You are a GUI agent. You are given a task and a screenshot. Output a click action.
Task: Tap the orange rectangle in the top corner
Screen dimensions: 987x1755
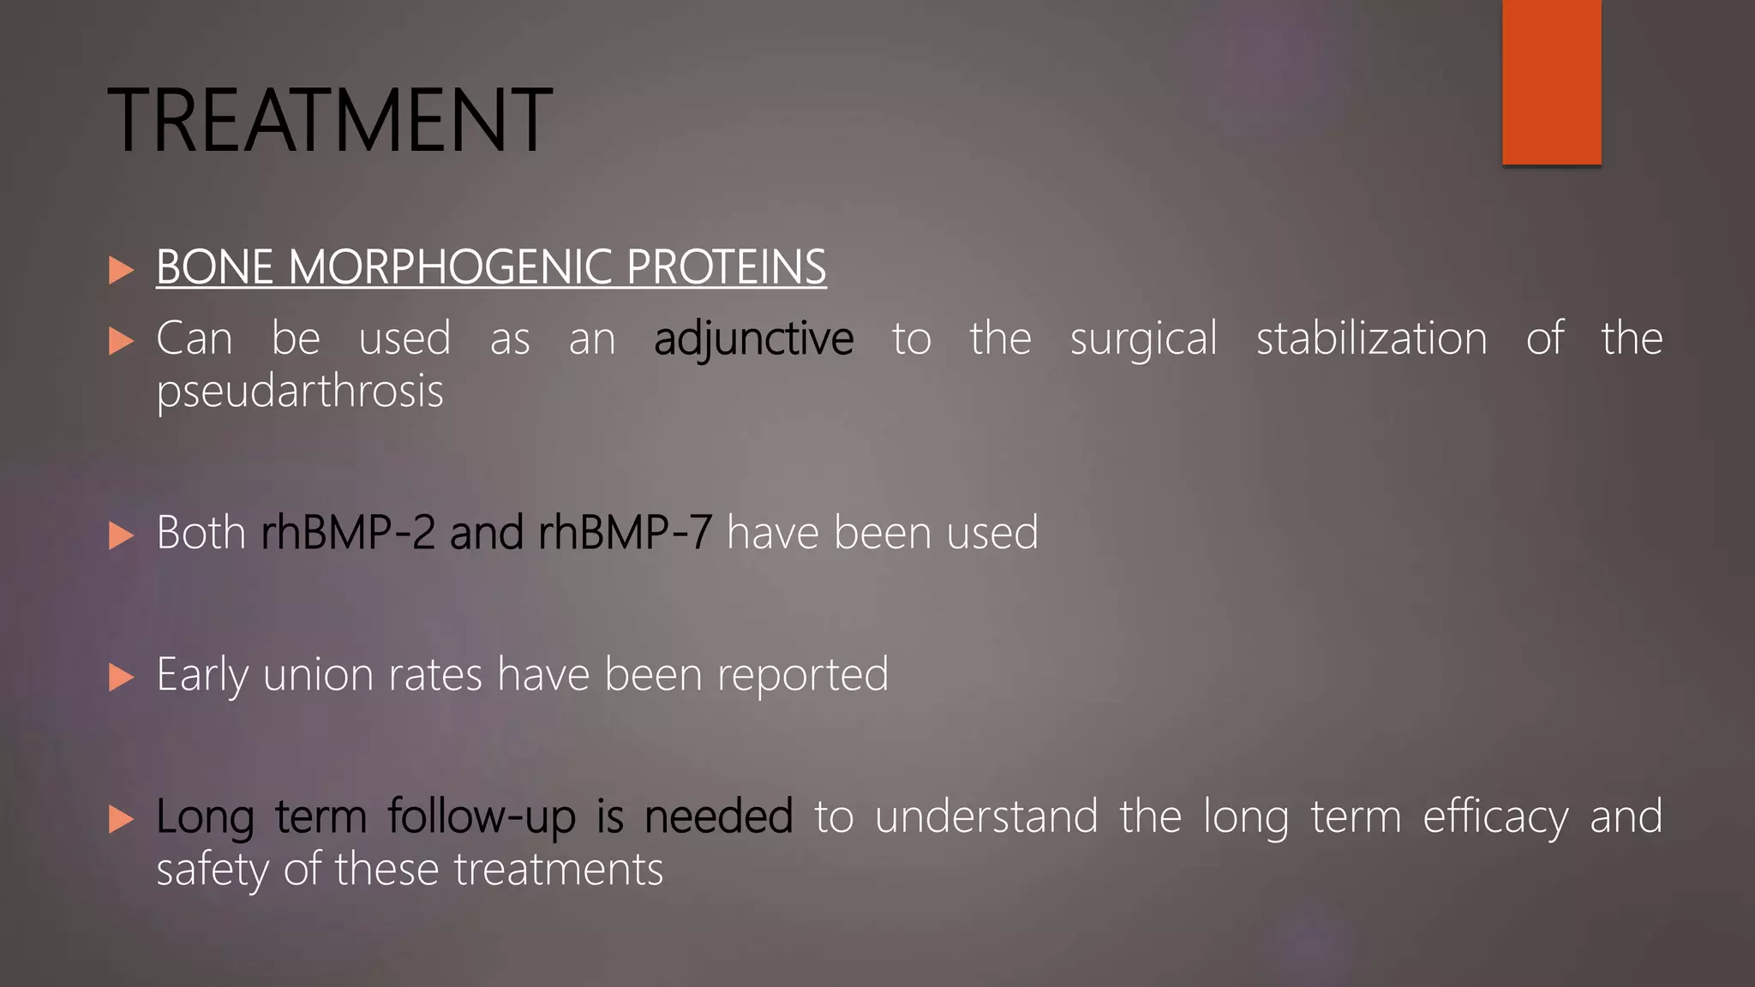tap(1551, 81)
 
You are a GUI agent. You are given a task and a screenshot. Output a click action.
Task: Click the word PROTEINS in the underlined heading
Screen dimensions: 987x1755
tap(726, 267)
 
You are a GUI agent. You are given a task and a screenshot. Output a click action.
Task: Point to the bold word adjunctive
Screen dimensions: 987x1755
tap(753, 339)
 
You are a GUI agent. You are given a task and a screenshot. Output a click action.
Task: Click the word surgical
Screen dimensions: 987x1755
tap(1143, 339)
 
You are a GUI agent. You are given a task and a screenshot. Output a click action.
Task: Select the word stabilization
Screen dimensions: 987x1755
tap(1371, 338)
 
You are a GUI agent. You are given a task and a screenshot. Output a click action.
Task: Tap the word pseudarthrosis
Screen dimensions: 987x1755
tap(300, 392)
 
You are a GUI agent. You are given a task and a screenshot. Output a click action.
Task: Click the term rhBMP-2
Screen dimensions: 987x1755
tap(348, 533)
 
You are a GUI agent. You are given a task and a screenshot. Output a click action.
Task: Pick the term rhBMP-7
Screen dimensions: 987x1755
tap(625, 533)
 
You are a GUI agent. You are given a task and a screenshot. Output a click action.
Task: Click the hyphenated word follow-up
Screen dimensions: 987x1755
tap(482, 817)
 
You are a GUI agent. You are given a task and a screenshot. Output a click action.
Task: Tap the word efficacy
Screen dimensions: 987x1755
tap(1495, 817)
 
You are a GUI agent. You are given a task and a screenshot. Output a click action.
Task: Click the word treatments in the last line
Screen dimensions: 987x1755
tap(558, 870)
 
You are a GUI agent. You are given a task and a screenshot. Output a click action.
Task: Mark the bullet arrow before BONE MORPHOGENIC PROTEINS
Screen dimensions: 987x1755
tap(122, 270)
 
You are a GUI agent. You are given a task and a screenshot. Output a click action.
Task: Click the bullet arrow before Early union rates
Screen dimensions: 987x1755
tap(122, 678)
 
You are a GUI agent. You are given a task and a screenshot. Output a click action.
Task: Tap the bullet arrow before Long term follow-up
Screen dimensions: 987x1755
tap(122, 819)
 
